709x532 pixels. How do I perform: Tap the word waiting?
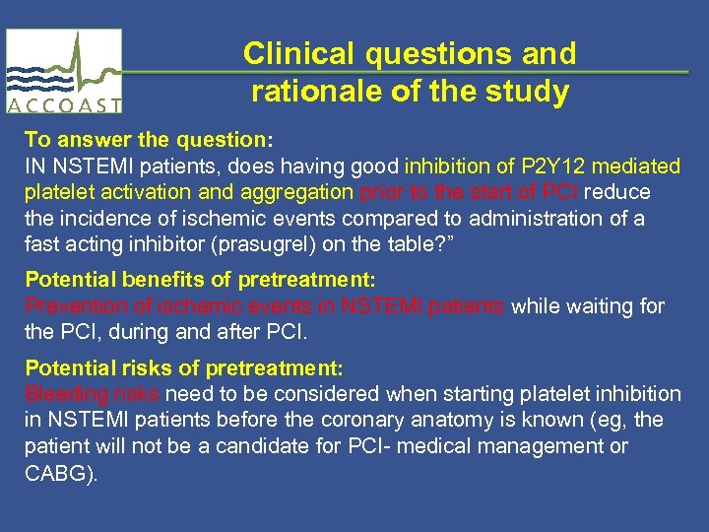tap(604, 307)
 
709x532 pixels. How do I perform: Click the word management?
tap(544, 446)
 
